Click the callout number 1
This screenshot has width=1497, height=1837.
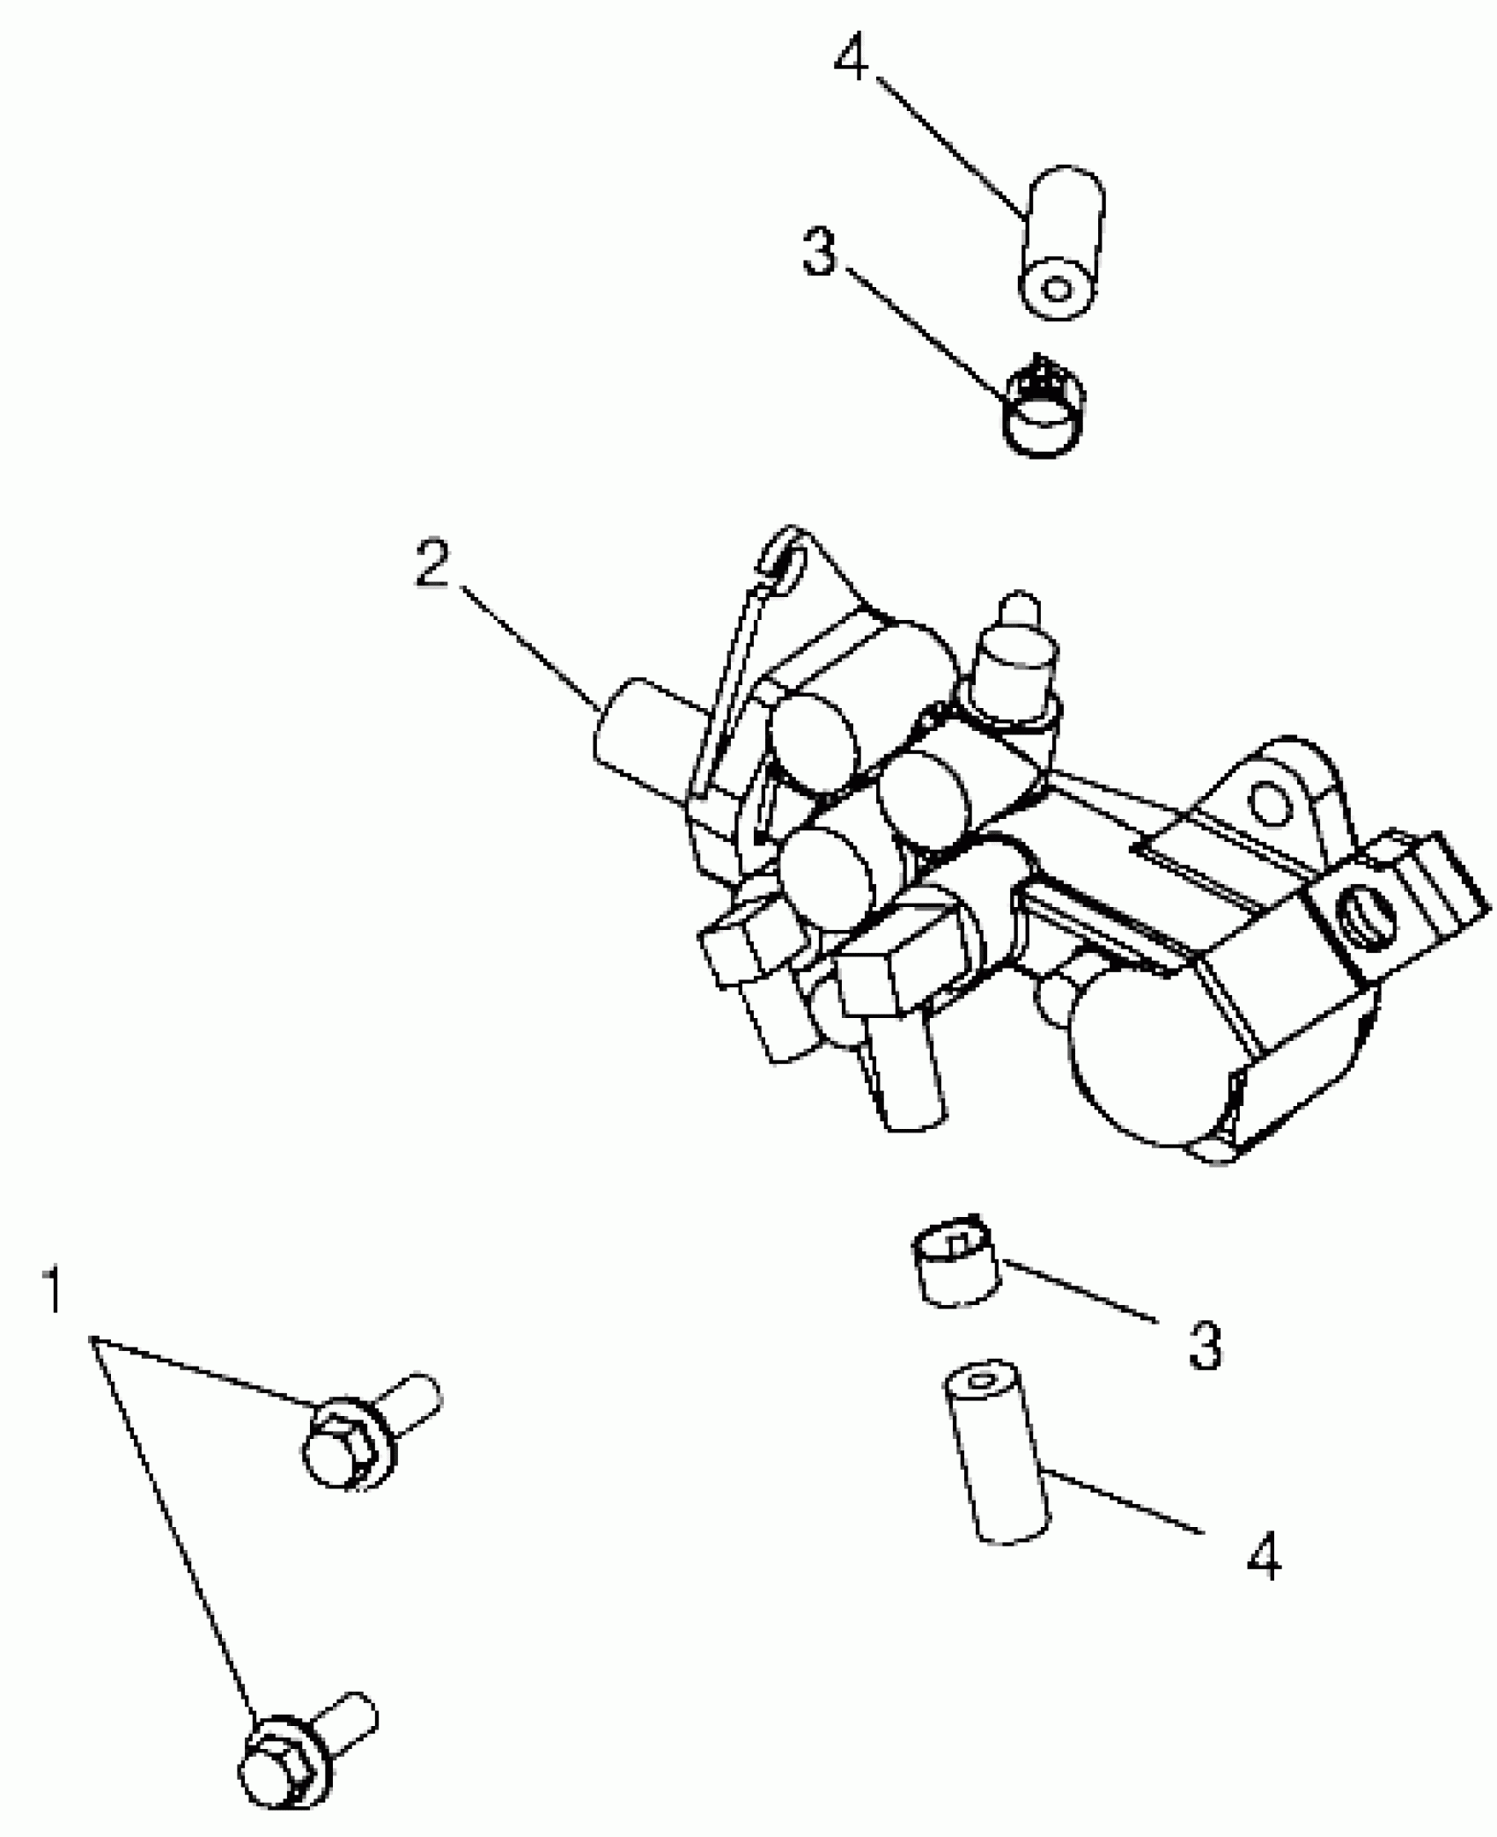[55, 1291]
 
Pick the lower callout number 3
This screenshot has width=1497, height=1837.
[1206, 1345]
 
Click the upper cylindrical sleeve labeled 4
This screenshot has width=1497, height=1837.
[1061, 242]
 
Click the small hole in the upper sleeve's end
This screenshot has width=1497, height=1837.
[1059, 289]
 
